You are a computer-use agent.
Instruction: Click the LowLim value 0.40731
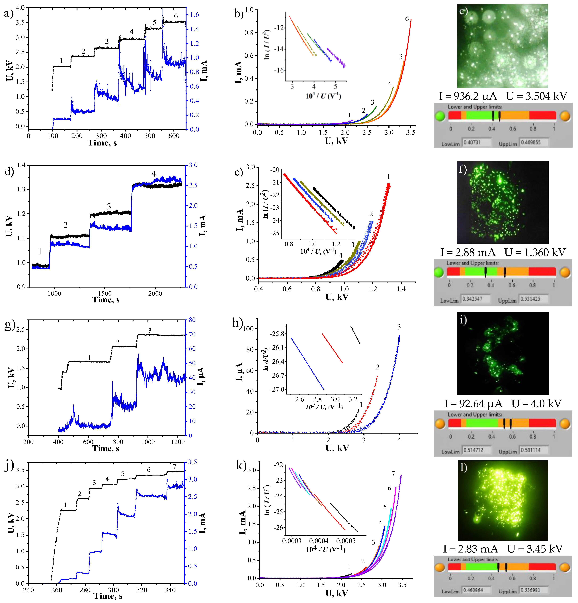472,142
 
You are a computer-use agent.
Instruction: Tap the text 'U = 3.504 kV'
536,96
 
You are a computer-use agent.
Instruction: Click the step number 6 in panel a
176,16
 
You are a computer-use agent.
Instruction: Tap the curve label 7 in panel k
393,474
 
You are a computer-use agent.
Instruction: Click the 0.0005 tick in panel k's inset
346,541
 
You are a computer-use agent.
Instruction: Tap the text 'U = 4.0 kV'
536,404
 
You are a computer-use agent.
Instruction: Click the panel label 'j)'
9,466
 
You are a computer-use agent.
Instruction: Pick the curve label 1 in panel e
389,177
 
